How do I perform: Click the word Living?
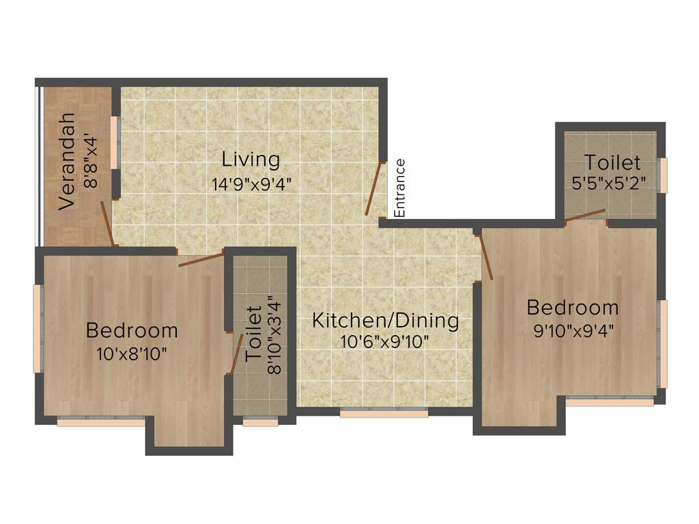tap(251, 160)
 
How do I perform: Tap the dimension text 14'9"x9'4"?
tap(251, 184)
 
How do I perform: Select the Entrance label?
tap(400, 188)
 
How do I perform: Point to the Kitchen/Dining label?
tap(385, 320)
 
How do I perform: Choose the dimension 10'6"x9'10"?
tap(385, 341)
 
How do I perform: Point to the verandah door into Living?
tap(107, 222)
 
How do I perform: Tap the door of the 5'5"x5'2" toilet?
tap(585, 216)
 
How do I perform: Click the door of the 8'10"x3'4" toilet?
tap(237, 354)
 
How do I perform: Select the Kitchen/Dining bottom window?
tap(384, 412)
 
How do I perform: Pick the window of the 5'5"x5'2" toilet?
tap(662, 175)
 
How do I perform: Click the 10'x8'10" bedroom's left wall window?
tap(38, 329)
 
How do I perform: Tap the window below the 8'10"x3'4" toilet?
tap(260, 422)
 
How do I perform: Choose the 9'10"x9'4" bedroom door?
tap(486, 257)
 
